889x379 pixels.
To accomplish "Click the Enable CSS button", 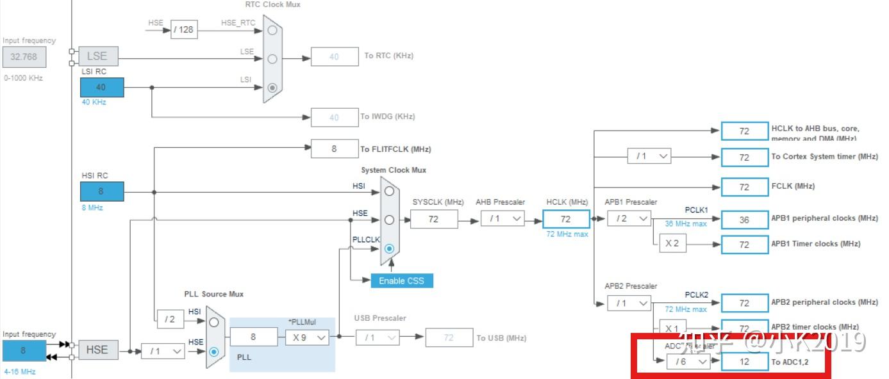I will click(x=401, y=280).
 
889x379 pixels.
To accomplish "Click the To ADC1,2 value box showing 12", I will click(x=744, y=362).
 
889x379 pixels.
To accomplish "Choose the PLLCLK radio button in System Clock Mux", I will click(x=389, y=248).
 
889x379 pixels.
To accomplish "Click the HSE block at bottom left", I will click(x=97, y=350).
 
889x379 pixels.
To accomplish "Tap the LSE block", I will click(x=97, y=56).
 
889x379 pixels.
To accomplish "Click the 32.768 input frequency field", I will click(x=24, y=56).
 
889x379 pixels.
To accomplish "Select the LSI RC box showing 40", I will click(x=102, y=87).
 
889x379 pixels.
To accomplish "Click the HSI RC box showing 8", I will click(x=102, y=191).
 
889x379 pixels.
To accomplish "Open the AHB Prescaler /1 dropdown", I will click(x=503, y=219).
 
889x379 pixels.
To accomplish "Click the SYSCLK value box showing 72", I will click(x=434, y=219).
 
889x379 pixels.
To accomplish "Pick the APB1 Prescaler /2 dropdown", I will click(x=629, y=219).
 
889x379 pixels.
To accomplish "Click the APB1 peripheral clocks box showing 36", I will click(x=744, y=219).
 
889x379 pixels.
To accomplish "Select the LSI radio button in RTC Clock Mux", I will click(x=273, y=87).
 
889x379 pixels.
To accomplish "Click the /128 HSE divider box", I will click(x=183, y=29).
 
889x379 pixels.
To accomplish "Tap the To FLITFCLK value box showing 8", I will click(x=334, y=149).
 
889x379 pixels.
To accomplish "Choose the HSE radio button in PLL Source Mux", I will click(x=214, y=351).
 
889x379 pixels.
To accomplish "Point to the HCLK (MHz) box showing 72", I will click(x=565, y=219).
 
